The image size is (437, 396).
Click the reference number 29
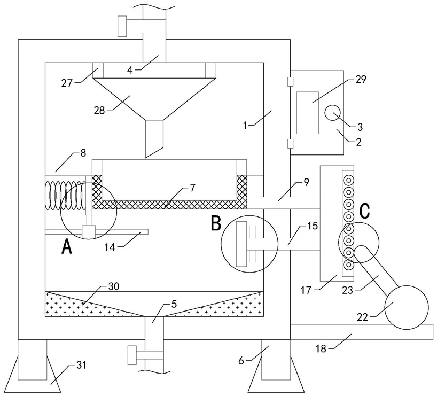361,79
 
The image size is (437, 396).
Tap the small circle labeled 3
333,113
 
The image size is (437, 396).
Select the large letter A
67,247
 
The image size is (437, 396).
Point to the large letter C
364,211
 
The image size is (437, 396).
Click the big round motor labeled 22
407,308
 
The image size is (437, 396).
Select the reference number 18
321,348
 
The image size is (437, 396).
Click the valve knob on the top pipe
122,26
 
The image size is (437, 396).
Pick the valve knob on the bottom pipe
132,355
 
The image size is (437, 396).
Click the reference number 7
192,188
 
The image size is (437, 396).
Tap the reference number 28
99,111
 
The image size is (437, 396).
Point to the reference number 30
114,286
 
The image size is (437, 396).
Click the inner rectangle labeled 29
307,113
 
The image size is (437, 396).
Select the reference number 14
110,247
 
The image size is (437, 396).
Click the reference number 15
313,226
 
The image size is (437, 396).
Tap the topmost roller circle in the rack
348,181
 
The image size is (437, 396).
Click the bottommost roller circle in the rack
348,265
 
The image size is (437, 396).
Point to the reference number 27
67,83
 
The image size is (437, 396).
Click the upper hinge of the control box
291,81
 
